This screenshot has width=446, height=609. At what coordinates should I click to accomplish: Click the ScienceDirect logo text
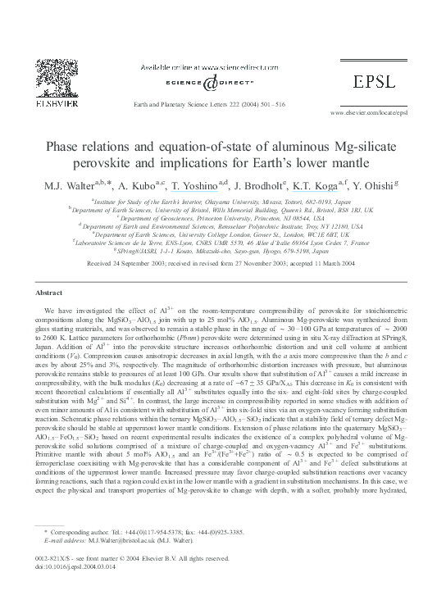(x=223, y=82)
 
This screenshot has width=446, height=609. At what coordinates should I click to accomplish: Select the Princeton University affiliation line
(x=223, y=217)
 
